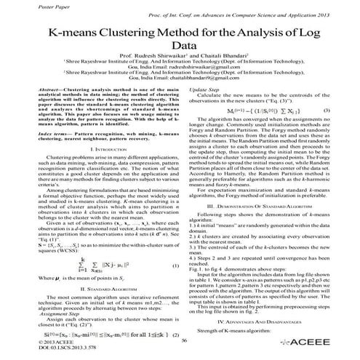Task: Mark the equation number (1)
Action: pos(175,246)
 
